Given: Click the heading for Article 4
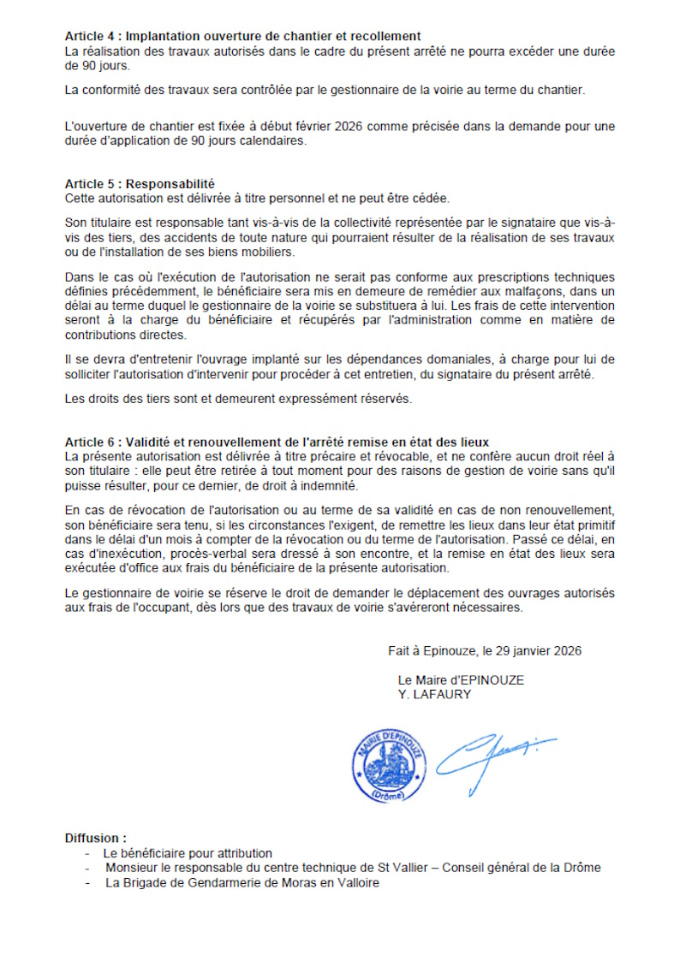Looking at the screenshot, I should [x=242, y=36].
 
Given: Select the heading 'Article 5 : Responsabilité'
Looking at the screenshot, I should [x=140, y=184].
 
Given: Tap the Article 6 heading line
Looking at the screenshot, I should [x=277, y=442].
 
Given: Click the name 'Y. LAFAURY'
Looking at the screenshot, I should [x=434, y=694].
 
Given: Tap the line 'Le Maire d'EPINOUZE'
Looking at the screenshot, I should [x=461, y=680].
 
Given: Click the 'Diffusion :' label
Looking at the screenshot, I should [x=95, y=838].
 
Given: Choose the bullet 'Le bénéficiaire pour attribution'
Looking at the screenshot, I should [x=188, y=853].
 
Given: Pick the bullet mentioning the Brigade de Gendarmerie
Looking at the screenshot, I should [x=242, y=882].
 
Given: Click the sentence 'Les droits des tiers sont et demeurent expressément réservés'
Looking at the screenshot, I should [x=238, y=399].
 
